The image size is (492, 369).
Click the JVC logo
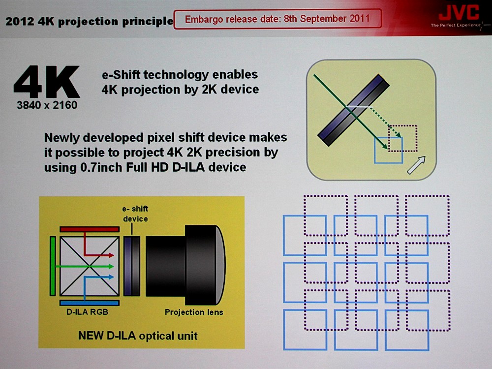point(459,13)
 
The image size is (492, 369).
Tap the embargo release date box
point(277,19)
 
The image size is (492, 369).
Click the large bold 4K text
point(47,82)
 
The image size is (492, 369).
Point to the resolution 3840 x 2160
point(47,105)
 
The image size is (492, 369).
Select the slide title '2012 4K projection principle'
point(90,21)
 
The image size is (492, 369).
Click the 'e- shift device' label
point(135,214)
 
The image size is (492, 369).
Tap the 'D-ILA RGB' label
point(87,312)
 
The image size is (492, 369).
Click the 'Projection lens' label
point(194,312)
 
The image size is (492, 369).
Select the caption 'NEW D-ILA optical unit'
point(138,336)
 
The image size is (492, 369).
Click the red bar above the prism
point(90,229)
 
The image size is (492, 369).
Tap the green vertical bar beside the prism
point(53,266)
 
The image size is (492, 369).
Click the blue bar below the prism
point(90,303)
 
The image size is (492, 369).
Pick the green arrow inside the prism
point(85,266)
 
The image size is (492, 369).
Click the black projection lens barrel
point(185,266)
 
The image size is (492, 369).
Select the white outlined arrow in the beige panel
point(416,165)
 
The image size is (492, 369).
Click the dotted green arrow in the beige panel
point(385,122)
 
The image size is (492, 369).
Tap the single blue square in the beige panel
point(389,150)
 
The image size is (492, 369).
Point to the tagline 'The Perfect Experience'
point(456,25)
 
